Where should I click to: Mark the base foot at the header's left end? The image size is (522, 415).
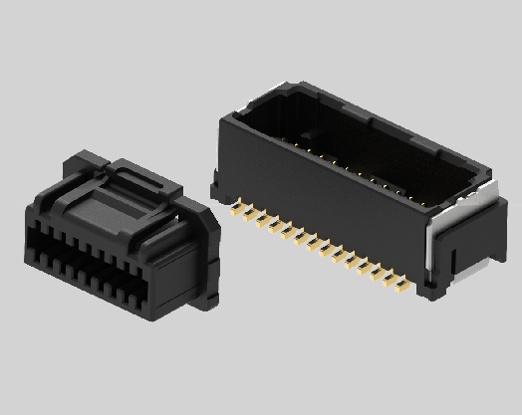[x=214, y=183]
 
